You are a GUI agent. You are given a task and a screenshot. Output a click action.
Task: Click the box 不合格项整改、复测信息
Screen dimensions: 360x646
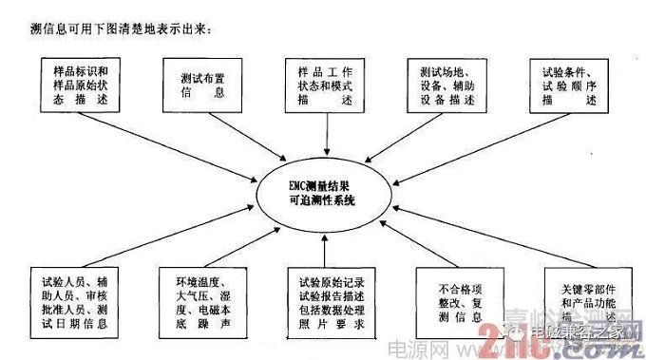[x=455, y=299]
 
